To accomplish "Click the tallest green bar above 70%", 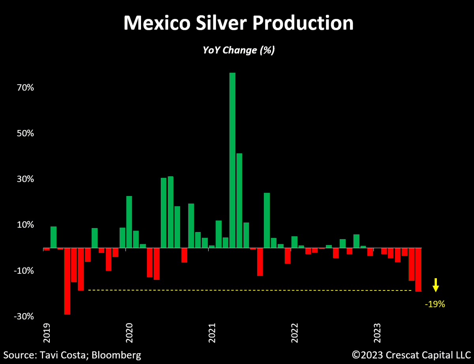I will click(232, 160).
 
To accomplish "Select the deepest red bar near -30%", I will click(67, 281).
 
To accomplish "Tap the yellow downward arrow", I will click(435, 285).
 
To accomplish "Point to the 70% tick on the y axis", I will click(15, 88).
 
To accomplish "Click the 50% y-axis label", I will click(15, 134).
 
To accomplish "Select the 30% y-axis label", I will click(15, 179).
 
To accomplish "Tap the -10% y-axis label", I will click(13, 271).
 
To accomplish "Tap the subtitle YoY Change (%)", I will click(239, 51).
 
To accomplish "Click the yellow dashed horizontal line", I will click(249, 290).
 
